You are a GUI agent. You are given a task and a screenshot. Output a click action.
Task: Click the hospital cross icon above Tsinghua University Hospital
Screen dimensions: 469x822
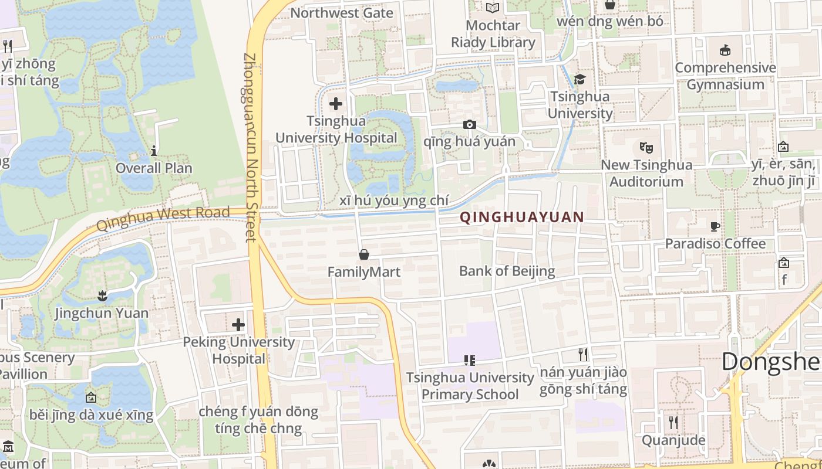point(336,104)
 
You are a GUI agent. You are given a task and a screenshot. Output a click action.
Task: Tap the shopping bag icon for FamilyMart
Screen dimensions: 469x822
point(364,254)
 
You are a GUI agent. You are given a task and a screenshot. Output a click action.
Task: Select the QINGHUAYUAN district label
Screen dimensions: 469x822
point(522,217)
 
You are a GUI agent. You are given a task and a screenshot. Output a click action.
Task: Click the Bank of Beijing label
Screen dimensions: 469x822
point(507,271)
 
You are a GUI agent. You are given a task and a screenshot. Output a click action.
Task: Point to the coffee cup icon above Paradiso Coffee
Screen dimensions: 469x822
point(715,226)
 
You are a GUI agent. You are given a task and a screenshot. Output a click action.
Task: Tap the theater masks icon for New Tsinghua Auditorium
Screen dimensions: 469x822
point(646,147)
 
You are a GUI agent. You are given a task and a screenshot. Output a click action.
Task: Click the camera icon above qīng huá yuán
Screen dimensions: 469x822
point(469,124)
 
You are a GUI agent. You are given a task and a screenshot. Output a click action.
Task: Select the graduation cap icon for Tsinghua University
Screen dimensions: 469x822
point(580,79)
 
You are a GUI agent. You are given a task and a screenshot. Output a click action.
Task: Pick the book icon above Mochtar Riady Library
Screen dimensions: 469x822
point(493,8)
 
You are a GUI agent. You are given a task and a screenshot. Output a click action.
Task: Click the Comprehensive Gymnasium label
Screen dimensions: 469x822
point(725,76)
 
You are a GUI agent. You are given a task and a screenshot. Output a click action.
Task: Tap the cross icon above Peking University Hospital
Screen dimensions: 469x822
point(238,324)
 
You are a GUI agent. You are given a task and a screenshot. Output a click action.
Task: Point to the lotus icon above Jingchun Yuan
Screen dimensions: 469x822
point(103,295)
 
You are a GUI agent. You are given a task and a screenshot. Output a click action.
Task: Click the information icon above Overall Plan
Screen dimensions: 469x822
point(154,151)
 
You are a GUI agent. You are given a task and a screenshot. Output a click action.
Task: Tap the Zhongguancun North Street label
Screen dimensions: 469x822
point(250,147)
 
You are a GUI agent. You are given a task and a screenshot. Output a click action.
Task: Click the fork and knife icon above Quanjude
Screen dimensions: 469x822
point(673,422)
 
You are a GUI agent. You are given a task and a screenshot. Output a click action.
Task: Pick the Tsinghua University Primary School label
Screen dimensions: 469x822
point(470,386)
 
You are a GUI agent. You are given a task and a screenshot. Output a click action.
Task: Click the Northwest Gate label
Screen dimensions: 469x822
point(342,12)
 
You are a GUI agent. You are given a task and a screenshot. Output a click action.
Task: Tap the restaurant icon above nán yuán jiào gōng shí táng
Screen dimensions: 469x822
point(582,355)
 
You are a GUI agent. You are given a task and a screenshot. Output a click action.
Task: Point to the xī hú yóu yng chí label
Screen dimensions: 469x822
point(394,201)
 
